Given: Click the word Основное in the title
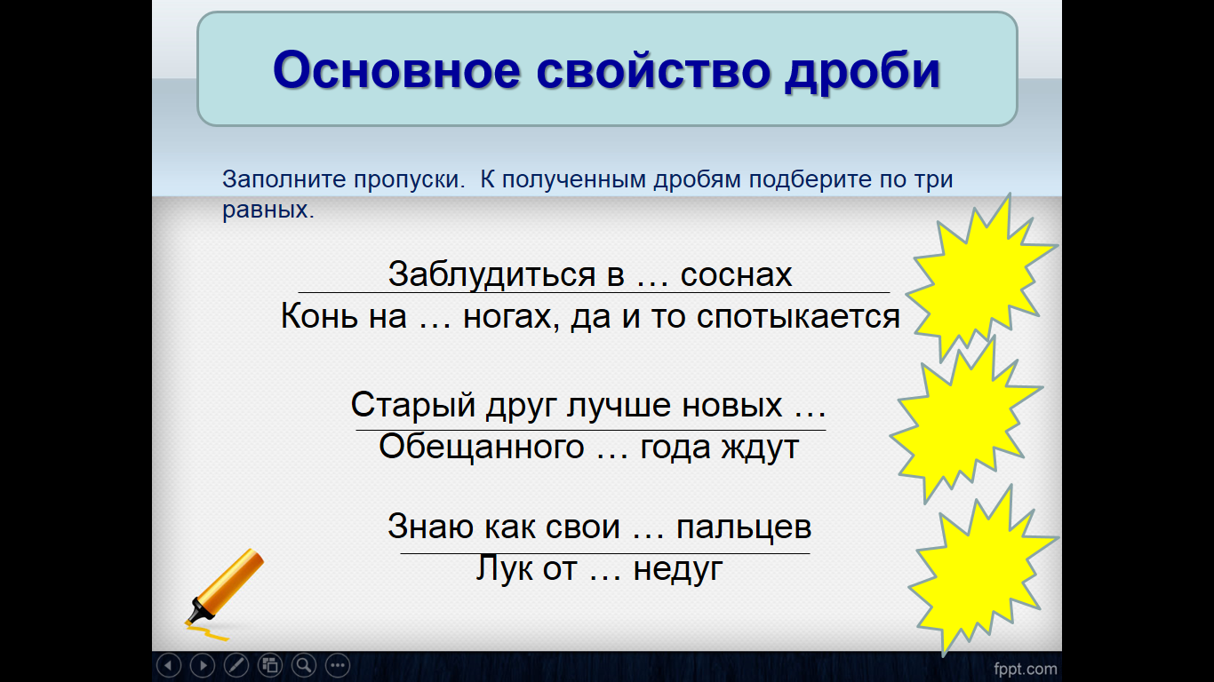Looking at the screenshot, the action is pos(397,70).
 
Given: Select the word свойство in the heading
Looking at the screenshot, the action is pos(653,70).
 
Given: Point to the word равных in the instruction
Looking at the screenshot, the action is pos(268,210).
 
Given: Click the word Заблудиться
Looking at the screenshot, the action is pos(491,274).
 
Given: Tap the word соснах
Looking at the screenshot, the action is pos(736,275).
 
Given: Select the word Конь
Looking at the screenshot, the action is pos(319,316).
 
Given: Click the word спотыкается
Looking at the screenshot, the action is pos(798,317).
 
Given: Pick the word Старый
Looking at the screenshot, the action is pos(413,405).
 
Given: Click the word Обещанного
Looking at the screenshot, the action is pos(482,448).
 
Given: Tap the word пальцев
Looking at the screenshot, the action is pos(744,527).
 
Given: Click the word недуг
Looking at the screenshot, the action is pos(678,570).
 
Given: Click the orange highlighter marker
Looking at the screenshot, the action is pos(224,590).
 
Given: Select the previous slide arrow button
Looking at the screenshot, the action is pos(169,665).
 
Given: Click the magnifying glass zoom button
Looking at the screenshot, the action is pos(304,665).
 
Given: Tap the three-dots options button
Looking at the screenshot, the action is pos(338,665).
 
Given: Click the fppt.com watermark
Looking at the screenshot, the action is pos(1025,670).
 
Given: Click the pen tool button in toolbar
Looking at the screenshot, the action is pos(236,665).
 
